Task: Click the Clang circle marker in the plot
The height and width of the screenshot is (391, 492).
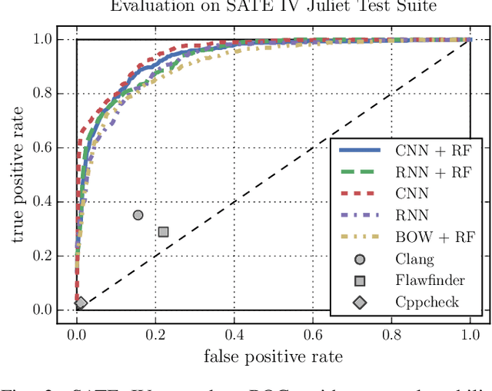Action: point(138,215)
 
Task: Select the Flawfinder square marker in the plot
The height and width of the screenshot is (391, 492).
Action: point(163,231)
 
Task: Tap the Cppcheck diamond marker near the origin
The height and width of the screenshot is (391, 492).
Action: point(81,303)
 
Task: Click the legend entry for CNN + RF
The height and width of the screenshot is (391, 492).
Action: point(434,151)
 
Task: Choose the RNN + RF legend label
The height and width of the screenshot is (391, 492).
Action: point(434,173)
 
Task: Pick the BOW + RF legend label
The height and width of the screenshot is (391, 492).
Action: point(434,237)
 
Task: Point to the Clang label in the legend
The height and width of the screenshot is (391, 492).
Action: point(414,259)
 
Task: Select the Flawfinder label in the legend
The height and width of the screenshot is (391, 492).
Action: point(430,280)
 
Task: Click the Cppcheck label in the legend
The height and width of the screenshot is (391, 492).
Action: point(427,302)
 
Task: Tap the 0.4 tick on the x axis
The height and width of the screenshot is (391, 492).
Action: point(234,334)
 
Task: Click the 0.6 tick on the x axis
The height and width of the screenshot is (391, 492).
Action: point(313,334)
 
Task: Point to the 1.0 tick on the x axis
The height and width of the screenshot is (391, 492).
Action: point(470,334)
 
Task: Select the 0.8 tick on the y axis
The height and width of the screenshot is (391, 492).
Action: point(44,94)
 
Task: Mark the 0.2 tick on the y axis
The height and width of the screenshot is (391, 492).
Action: point(44,256)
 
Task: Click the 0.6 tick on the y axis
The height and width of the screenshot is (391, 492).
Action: point(44,147)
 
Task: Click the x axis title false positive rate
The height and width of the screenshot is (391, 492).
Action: point(273,356)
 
